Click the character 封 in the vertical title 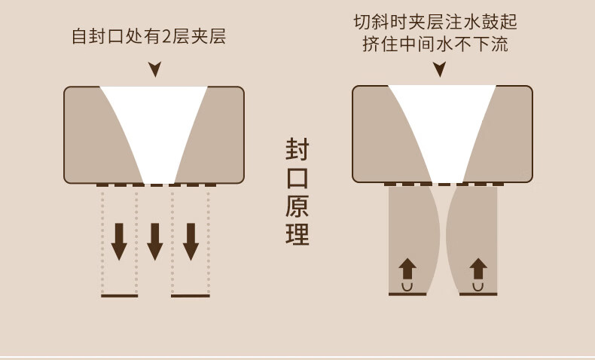coord(297,148)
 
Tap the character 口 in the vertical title coord(297,177)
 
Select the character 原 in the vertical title coord(297,206)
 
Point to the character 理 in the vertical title coord(297,234)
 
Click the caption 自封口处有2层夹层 coord(148,36)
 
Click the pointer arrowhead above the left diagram coord(154,70)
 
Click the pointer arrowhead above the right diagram coord(439,70)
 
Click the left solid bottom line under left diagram coord(120,296)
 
